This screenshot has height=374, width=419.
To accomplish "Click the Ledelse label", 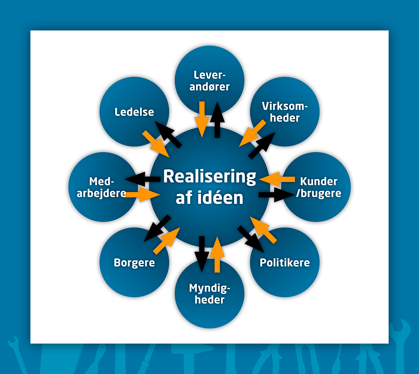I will (134, 112).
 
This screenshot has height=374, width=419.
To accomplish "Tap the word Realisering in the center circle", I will (210, 177).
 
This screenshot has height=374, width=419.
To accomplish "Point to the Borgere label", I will (134, 263).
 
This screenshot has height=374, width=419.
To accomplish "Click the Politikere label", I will (285, 263).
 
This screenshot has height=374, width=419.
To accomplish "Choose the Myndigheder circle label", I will (209, 294).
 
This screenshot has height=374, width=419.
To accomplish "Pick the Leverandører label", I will (209, 81).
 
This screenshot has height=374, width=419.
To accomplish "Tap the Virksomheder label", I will (285, 112).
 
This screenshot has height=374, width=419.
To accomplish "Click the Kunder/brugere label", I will (318, 187).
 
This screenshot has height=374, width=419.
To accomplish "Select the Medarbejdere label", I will (101, 187).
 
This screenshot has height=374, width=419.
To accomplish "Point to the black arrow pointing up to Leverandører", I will (217, 120).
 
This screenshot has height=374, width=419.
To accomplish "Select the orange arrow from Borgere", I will (167, 241).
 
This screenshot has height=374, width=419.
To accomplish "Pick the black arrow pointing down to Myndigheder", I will (202, 254).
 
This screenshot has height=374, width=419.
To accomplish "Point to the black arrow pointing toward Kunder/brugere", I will (277, 195).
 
